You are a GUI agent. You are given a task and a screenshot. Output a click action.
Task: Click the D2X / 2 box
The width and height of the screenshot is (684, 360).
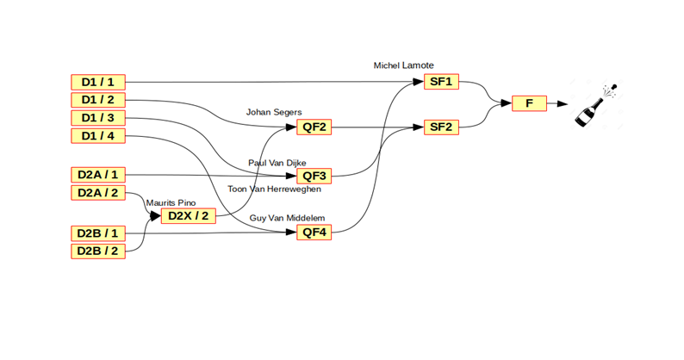(x=187, y=215)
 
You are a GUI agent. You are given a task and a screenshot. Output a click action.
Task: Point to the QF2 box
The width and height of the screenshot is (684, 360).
(x=312, y=128)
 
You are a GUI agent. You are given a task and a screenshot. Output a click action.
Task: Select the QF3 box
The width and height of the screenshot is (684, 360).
(x=312, y=177)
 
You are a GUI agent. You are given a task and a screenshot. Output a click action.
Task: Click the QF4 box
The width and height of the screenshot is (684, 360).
(x=312, y=233)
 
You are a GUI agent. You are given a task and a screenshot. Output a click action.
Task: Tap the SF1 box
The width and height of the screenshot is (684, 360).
(x=441, y=82)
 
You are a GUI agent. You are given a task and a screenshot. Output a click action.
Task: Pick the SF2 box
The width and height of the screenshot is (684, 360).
(x=441, y=127)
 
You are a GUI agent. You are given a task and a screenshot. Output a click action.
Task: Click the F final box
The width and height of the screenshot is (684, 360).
(x=529, y=103)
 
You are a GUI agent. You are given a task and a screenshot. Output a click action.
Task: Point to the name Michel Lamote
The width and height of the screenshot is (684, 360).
(x=403, y=65)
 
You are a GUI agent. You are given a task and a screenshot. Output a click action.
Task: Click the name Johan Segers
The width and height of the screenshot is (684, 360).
(x=274, y=112)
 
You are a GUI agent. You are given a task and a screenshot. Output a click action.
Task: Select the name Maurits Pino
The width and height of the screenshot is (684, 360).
(x=171, y=202)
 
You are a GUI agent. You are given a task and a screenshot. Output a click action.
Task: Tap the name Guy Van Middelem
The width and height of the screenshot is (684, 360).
(x=288, y=219)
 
